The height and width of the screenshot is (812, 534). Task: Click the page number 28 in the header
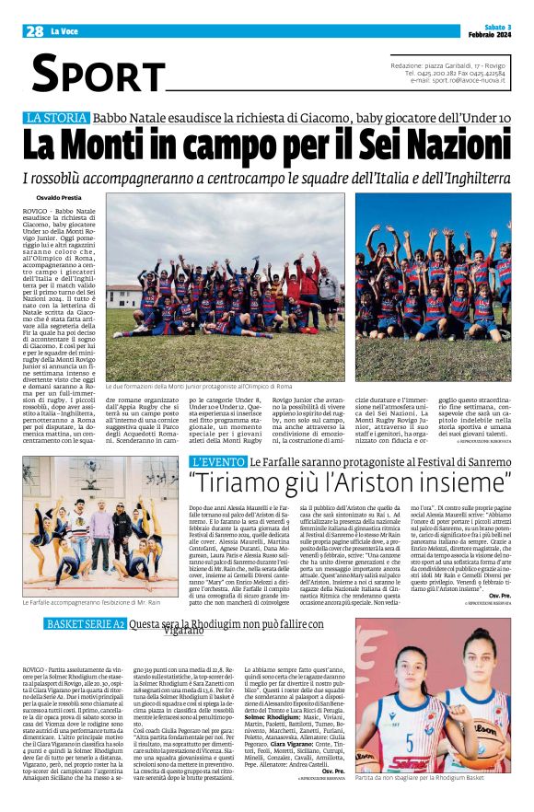click(x=35, y=31)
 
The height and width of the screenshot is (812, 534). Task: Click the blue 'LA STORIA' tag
click(x=56, y=117)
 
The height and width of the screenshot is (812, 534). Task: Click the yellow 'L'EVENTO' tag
click(x=217, y=460)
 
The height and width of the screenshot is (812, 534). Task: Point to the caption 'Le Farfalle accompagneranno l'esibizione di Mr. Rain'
click(x=98, y=576)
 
